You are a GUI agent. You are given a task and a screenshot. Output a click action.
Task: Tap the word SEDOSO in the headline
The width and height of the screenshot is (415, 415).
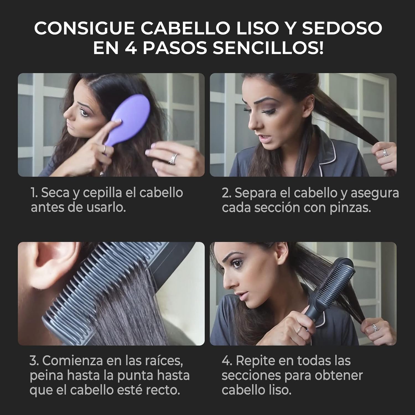pos(342,28)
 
